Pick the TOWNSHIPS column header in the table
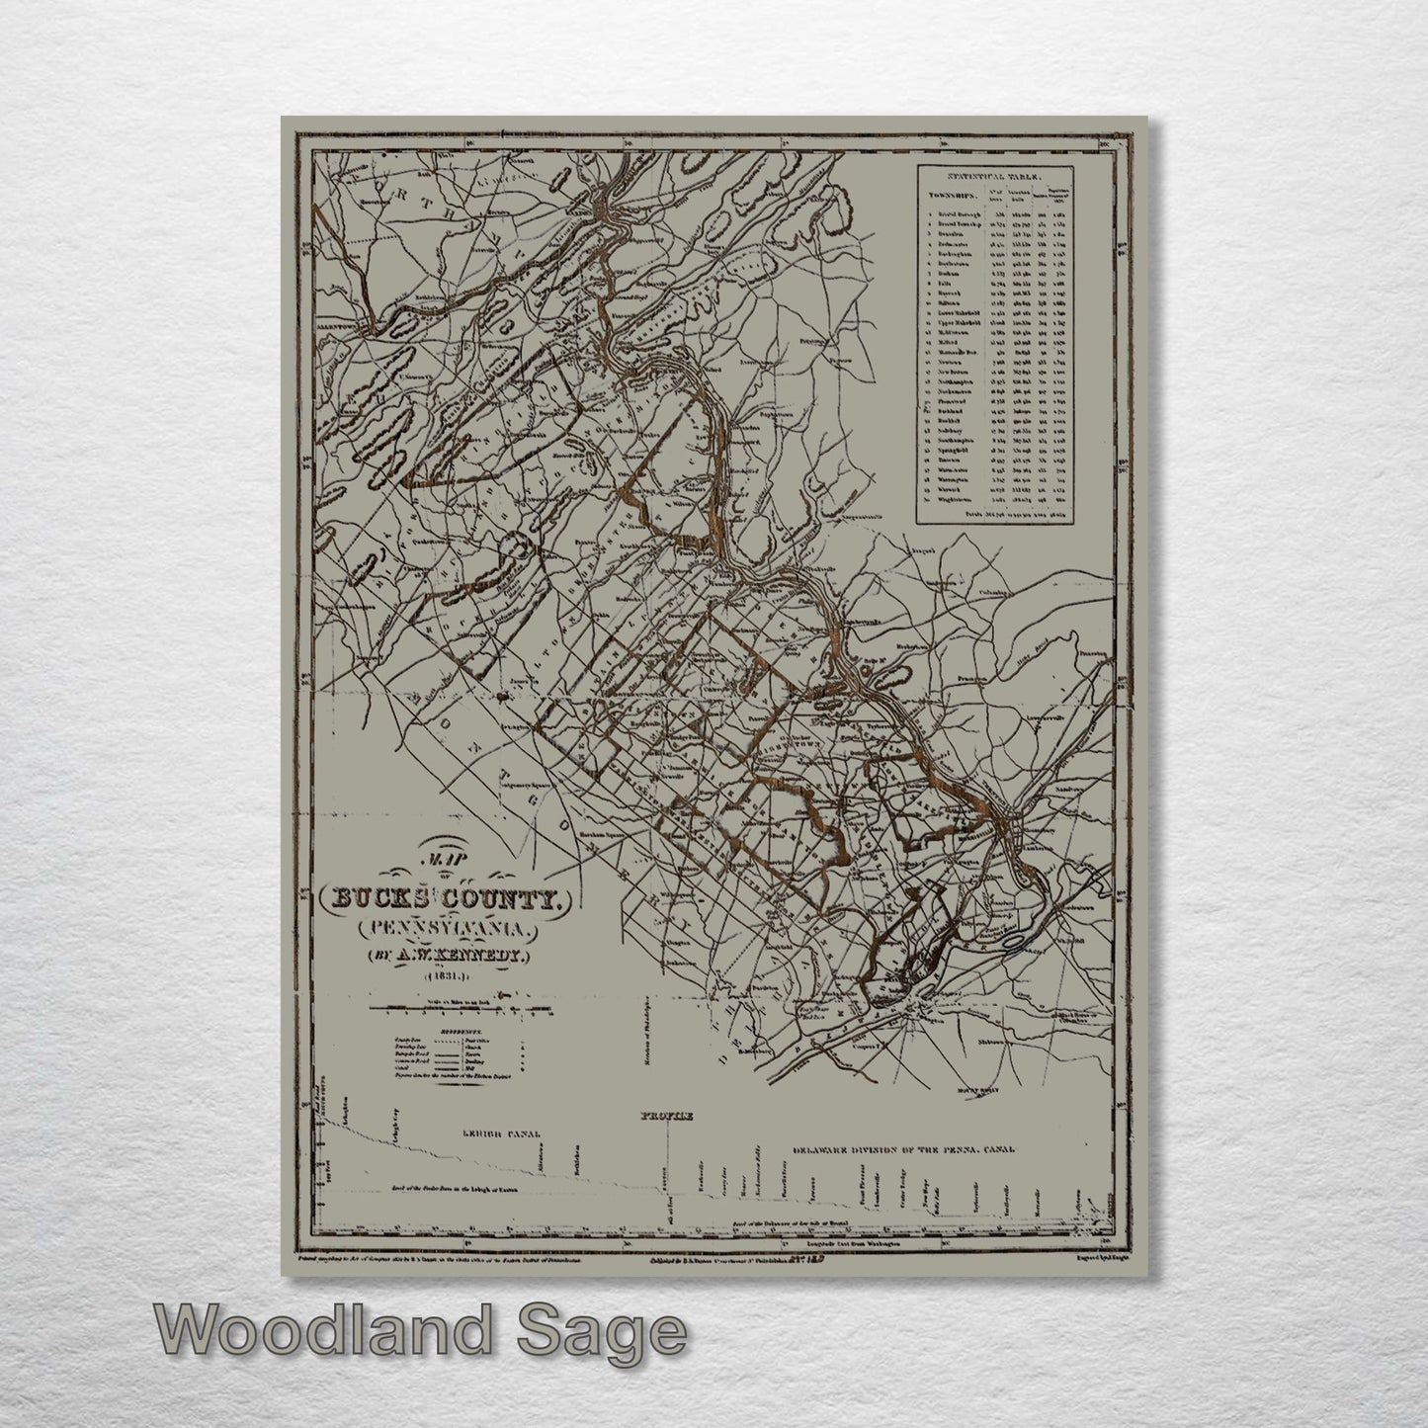[947, 196]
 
